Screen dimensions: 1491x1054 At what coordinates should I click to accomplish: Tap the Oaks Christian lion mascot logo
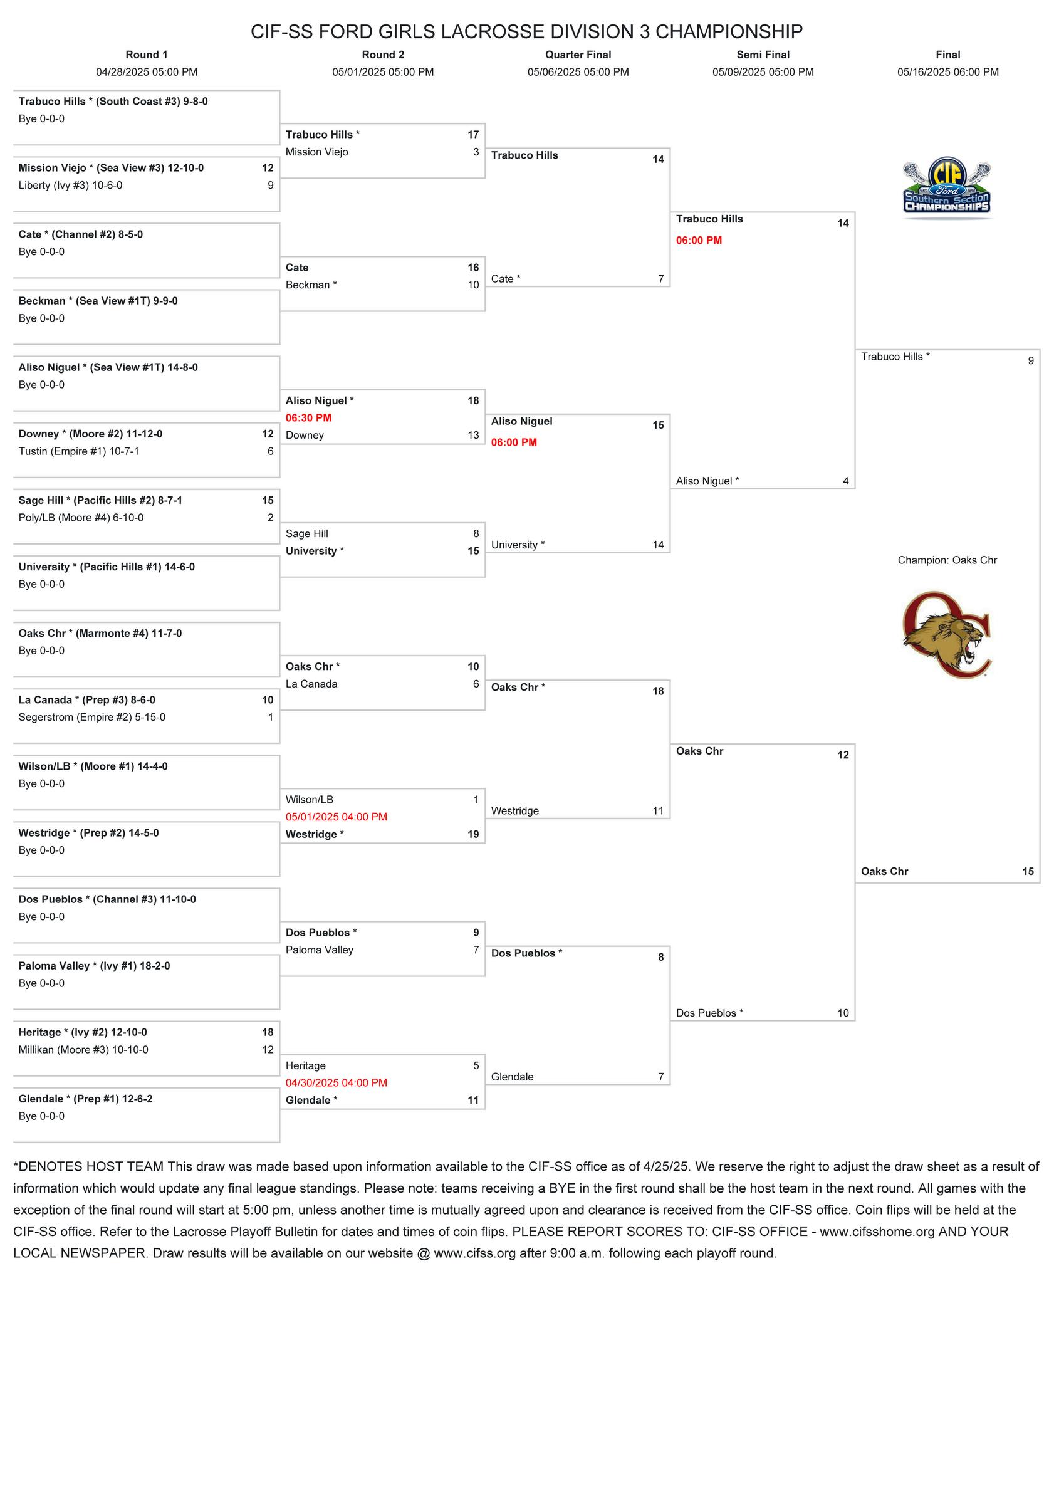tap(947, 634)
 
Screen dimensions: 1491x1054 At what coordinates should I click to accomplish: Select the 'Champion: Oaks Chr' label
tap(947, 560)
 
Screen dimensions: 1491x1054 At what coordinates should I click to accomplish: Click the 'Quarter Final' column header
tap(578, 55)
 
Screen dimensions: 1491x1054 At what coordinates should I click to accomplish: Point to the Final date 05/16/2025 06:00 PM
tap(947, 72)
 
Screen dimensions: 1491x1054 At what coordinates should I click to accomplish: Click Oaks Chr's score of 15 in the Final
tap(1028, 872)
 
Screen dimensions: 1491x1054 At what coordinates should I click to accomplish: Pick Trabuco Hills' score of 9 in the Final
tap(1030, 361)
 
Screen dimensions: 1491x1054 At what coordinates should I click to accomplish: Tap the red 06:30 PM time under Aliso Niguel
tap(308, 418)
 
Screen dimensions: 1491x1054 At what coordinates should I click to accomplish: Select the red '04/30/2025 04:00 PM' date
tap(336, 1083)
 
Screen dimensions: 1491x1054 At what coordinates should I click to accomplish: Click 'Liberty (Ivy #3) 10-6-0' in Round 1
tap(70, 185)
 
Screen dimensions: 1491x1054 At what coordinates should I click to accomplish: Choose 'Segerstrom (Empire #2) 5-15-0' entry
tap(91, 718)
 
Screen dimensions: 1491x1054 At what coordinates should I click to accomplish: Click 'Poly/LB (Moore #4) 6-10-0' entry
tap(81, 518)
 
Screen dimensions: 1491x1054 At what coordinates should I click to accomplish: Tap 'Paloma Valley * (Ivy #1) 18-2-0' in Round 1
tap(94, 966)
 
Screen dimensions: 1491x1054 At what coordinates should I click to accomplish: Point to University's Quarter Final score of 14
tap(658, 545)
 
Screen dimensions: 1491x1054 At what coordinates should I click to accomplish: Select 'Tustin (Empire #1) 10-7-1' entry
tap(78, 451)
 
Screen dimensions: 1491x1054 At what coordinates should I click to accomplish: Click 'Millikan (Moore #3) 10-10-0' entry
tap(83, 1050)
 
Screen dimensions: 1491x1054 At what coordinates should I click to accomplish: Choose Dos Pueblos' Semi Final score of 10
tap(842, 1013)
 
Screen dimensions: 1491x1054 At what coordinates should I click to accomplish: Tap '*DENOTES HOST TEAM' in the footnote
tap(88, 1167)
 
